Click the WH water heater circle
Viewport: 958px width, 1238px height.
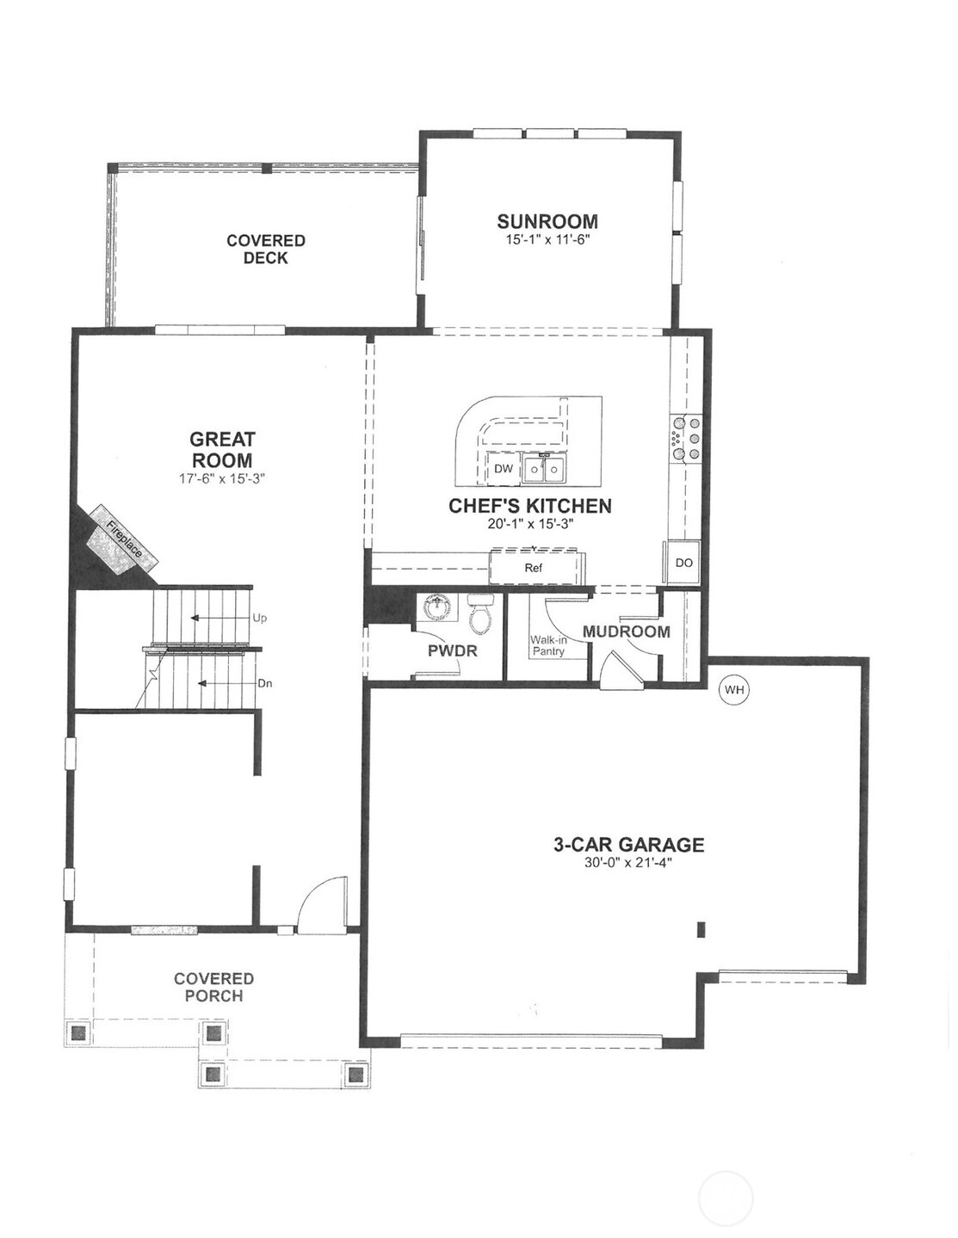coord(734,690)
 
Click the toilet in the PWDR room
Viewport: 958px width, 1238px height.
coord(479,613)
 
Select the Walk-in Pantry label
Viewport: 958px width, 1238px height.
coord(548,646)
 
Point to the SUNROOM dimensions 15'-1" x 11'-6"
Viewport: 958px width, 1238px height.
coord(547,240)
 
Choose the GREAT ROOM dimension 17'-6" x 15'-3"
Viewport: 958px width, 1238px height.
coord(222,479)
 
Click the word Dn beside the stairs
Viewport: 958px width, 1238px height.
coord(265,683)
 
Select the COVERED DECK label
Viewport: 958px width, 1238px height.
coord(266,249)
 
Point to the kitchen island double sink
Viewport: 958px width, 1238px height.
coord(542,470)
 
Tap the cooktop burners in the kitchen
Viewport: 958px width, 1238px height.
coord(687,438)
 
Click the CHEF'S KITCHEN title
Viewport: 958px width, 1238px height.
coord(530,506)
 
